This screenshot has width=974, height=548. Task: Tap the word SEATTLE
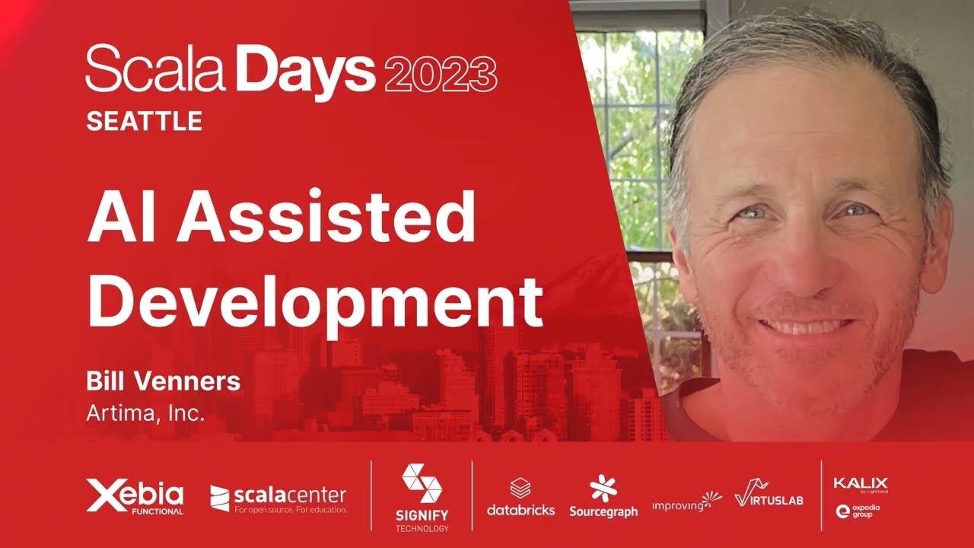[x=144, y=121]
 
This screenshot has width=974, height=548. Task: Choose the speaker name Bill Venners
[x=163, y=382]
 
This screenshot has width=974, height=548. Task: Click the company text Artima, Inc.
[x=145, y=414]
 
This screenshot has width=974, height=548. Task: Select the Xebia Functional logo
[x=135, y=496]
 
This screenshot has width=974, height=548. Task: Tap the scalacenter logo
[x=278, y=499]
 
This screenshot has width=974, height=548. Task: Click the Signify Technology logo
[x=422, y=496]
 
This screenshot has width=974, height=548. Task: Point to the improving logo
[x=686, y=502]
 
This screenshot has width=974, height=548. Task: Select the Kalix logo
[x=860, y=484]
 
